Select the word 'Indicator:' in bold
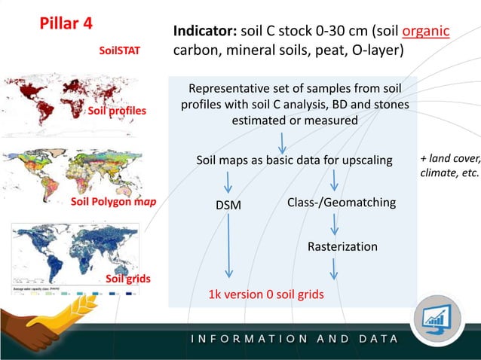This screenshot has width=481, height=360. (x=205, y=32)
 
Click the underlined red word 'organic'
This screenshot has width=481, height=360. (x=426, y=32)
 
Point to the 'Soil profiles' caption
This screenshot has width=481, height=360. (x=118, y=111)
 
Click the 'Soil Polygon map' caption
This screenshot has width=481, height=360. (x=108, y=202)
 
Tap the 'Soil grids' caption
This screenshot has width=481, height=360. (x=128, y=279)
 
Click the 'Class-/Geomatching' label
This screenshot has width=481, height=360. (x=342, y=203)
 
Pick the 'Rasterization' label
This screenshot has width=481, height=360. (x=342, y=246)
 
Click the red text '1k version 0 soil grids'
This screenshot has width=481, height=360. (x=266, y=294)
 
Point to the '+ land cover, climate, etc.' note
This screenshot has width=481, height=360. (x=449, y=166)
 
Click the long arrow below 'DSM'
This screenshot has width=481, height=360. (x=228, y=249)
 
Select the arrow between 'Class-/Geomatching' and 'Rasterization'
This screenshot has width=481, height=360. (x=334, y=224)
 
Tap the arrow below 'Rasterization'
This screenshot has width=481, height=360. (x=334, y=269)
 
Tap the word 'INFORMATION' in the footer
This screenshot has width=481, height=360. (x=248, y=338)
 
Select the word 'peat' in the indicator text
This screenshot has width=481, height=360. (x=325, y=52)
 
